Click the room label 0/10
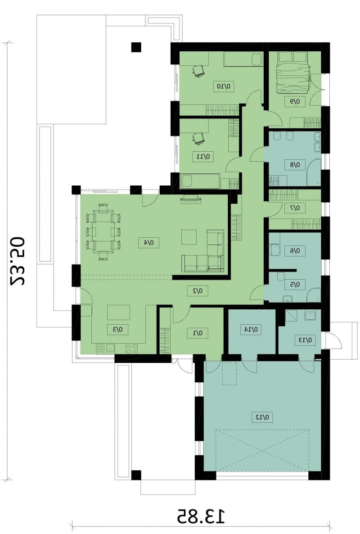point(225,86)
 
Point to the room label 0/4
point(148,243)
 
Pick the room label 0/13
point(306,339)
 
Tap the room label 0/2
point(198,291)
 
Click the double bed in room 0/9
point(294,72)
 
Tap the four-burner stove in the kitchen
point(132,348)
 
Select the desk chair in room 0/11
point(198,138)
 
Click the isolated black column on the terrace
point(136,47)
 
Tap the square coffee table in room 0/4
point(189,237)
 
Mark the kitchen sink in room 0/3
point(110,348)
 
